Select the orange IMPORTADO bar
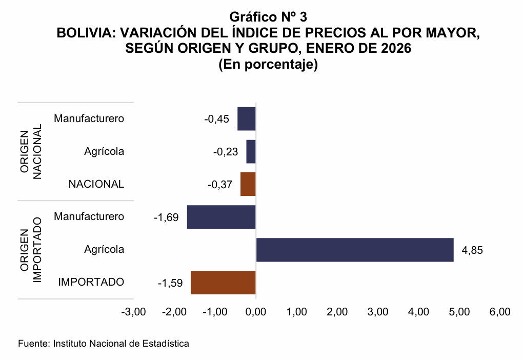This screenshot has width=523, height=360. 223,283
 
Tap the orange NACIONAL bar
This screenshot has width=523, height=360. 248,184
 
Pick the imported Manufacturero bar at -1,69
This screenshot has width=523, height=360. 221,217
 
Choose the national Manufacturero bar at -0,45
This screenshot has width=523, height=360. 247,119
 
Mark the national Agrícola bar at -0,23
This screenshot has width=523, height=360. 251,152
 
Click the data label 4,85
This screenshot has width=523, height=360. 472,250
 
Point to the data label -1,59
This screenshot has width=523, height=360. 170,283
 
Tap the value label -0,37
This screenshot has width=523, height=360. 220,185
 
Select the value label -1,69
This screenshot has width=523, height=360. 166,217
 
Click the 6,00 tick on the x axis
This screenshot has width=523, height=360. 500,312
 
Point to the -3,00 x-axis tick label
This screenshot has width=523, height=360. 133,312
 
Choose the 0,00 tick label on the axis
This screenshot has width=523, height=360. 255,312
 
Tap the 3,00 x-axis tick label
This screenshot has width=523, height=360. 378,312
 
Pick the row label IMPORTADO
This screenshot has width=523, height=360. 91,282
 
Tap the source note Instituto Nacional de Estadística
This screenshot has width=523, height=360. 104,344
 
